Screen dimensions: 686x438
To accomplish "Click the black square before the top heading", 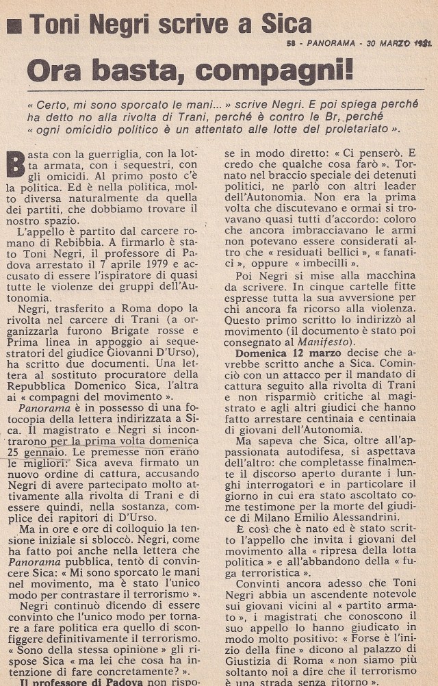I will (14, 25).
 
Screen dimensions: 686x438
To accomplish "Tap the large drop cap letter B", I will (15, 168).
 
